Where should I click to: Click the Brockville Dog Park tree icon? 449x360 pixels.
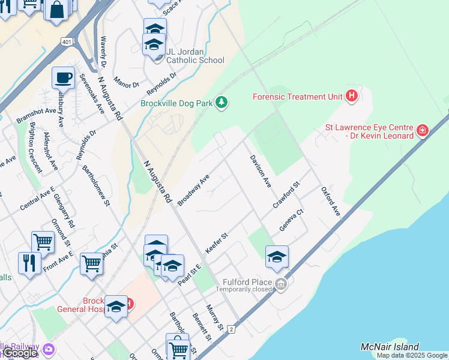(x=222, y=103)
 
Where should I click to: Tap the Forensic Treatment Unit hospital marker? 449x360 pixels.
(x=352, y=95)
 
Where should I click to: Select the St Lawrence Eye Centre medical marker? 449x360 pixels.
(x=423, y=130)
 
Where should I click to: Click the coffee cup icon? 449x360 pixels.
(x=63, y=78)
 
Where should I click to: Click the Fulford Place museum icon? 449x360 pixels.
(x=281, y=283)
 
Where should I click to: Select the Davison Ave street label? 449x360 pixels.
(x=261, y=170)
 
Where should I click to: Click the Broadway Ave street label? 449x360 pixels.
(x=193, y=190)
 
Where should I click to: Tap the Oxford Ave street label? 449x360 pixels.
(x=331, y=202)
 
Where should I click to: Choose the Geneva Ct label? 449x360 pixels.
(x=292, y=220)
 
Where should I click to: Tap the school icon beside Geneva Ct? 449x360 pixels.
(x=277, y=256)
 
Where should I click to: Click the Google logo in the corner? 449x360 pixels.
(x=20, y=353)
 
